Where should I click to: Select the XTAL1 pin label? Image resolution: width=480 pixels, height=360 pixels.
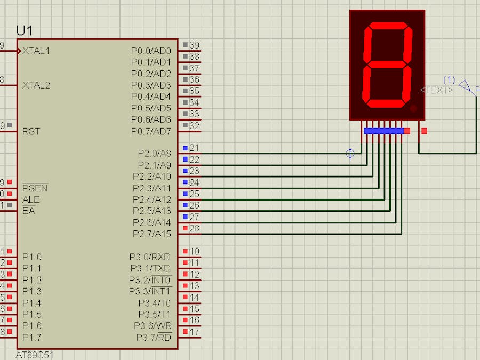[x=36, y=51]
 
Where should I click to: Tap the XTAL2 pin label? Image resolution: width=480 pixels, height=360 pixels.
[x=36, y=85]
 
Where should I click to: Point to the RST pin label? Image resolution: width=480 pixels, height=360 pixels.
[x=31, y=131]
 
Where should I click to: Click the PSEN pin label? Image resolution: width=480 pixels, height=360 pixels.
[x=35, y=188]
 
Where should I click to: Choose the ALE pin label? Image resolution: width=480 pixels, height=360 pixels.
[x=31, y=200]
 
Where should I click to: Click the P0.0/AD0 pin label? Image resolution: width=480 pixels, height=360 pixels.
[x=151, y=51]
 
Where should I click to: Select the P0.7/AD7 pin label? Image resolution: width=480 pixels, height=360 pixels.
[x=151, y=131]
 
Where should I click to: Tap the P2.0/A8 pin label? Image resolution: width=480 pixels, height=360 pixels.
[x=154, y=154]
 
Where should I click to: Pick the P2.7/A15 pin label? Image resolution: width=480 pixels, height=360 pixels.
[x=152, y=234]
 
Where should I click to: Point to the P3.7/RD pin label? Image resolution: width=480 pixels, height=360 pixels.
[x=154, y=337]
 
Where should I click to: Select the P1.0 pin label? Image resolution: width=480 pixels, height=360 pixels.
[x=32, y=257]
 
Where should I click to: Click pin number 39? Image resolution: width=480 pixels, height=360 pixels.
[x=195, y=45]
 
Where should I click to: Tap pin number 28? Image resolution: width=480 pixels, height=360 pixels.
[x=195, y=228]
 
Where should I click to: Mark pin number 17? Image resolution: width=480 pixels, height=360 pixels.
[x=195, y=332]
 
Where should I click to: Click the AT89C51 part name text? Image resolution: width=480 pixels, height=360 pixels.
[x=35, y=355]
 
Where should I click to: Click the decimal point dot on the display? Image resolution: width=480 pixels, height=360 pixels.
[x=413, y=108]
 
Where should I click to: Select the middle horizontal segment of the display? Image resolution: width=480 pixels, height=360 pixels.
[x=387, y=63]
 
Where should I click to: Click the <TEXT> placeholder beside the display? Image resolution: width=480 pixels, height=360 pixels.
[x=437, y=90]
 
